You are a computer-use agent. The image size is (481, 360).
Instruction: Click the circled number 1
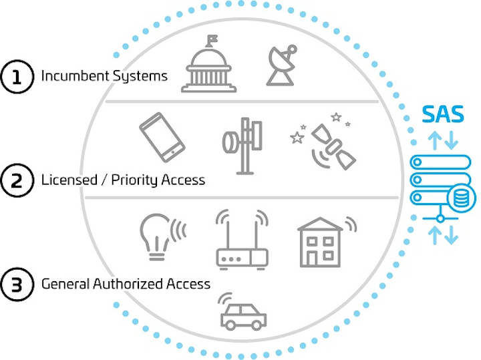(17, 76)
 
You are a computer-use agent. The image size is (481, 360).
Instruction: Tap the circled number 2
(17, 180)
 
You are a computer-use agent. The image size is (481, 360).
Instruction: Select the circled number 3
(17, 285)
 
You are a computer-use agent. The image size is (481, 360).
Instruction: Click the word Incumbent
(75, 75)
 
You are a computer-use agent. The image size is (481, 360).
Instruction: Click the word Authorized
(128, 284)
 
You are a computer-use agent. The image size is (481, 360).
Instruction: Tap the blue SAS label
(443, 114)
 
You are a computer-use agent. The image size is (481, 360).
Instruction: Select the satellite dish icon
(281, 65)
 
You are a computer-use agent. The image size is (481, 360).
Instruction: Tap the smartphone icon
(162, 137)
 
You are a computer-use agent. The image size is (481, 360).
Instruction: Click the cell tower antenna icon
(243, 146)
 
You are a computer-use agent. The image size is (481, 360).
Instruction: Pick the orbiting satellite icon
(333, 146)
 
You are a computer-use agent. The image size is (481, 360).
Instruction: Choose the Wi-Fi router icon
(242, 240)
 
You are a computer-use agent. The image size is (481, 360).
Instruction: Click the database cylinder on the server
(461, 198)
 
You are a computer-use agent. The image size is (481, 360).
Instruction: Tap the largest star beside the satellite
(297, 138)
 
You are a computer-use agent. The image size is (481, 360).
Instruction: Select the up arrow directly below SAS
(434, 140)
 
